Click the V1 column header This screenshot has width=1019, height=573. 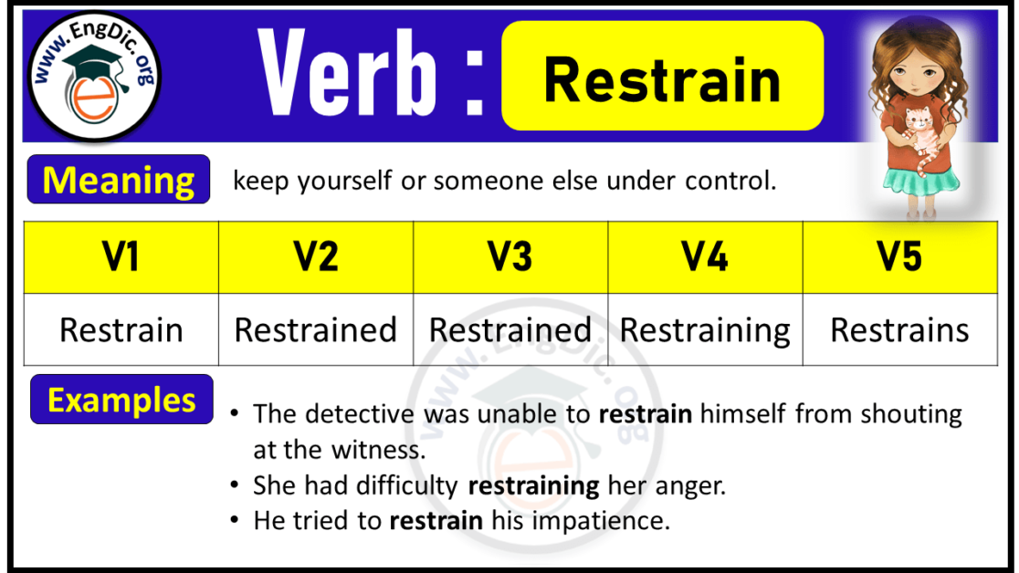121,257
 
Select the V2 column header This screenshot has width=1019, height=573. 315,257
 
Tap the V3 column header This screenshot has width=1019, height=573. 510,257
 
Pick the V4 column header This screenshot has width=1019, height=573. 705,257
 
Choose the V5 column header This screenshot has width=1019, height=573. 899,257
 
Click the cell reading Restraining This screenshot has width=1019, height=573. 705,329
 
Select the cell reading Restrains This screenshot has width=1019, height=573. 899,329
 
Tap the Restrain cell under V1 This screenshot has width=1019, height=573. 121,329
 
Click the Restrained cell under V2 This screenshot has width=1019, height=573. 315,329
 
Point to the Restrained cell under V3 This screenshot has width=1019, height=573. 510,329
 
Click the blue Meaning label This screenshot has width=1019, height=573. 119,180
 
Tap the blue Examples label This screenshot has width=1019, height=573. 121,400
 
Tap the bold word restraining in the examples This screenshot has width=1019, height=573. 533,486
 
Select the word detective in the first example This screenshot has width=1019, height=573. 355,415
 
